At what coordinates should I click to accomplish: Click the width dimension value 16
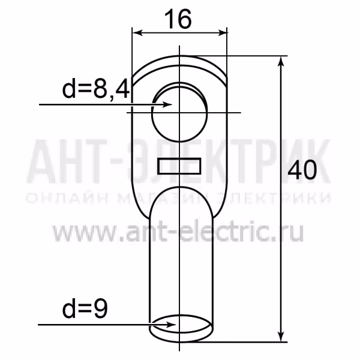178,20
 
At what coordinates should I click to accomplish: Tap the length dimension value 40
302,170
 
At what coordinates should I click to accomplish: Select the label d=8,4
96,89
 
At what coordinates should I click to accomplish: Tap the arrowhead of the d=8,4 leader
167,104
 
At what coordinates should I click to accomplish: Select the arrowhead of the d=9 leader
171,325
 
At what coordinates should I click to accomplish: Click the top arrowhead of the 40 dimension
281,61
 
